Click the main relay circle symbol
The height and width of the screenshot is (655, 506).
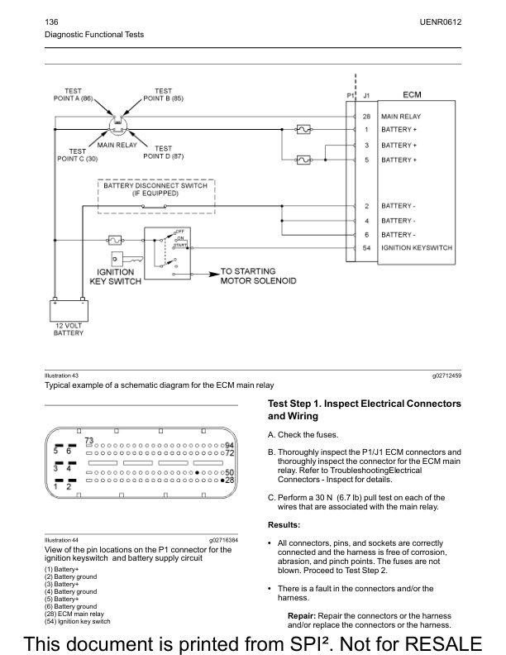[x=118, y=126]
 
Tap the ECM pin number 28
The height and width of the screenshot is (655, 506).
[x=366, y=117]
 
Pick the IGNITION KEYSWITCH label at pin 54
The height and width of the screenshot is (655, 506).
[x=416, y=248]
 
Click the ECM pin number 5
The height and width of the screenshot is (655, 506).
[x=366, y=159]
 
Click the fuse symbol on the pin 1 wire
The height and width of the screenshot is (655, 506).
[x=303, y=130]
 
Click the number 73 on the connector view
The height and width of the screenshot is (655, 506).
[x=88, y=439]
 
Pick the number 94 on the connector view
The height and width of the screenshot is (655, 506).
[x=230, y=445]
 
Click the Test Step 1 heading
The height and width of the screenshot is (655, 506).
[x=364, y=409]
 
